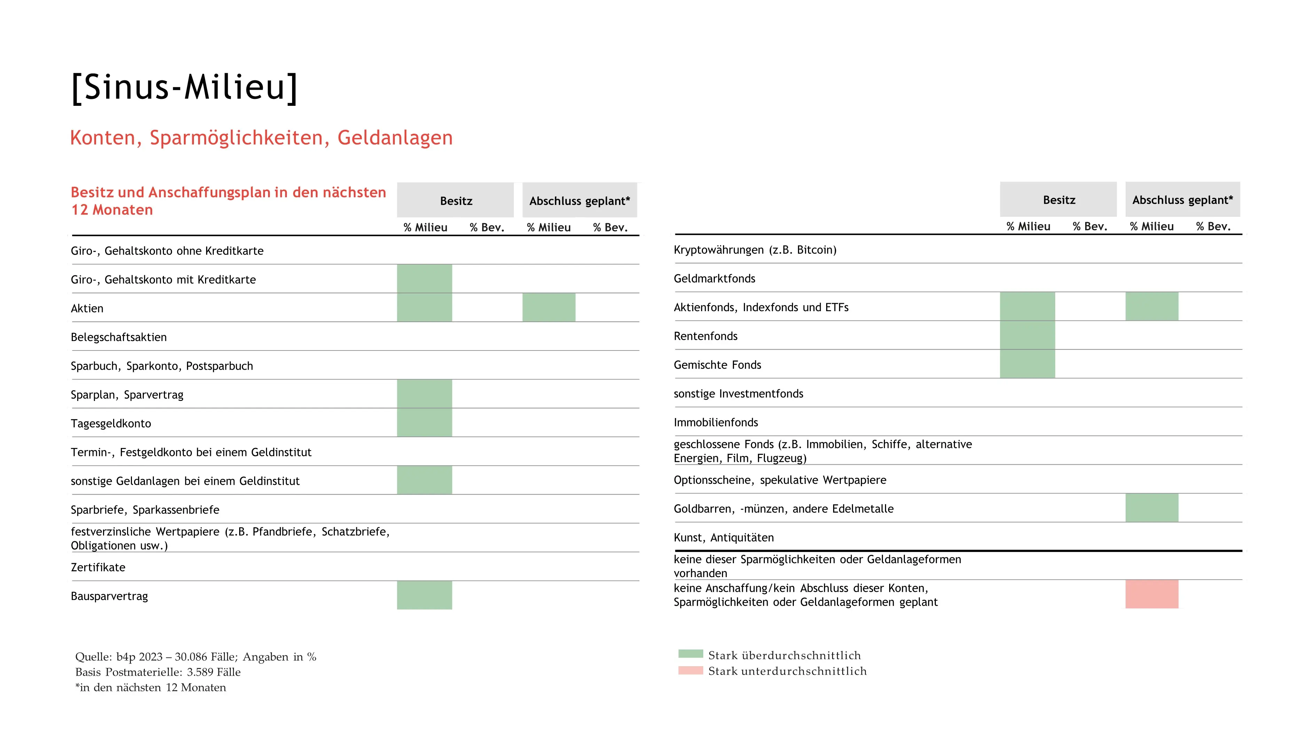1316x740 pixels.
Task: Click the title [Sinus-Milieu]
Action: [x=185, y=87]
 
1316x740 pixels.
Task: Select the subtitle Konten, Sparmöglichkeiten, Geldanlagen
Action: [x=261, y=138]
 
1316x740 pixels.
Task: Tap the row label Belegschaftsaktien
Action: [x=118, y=337]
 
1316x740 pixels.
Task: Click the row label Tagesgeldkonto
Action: [x=111, y=423]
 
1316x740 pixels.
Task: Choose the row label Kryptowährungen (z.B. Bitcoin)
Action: [x=754, y=250]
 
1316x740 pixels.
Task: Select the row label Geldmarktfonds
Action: [x=714, y=278]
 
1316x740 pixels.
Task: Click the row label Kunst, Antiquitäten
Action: [x=723, y=537]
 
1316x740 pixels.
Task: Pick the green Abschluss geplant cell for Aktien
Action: [x=549, y=307]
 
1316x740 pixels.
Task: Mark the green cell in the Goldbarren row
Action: [x=1152, y=507]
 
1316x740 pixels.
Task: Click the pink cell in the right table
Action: [x=1152, y=594]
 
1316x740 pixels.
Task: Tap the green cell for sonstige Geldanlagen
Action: [x=424, y=480]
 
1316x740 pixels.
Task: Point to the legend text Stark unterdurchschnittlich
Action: [x=787, y=671]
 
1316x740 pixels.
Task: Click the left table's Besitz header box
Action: [x=455, y=200]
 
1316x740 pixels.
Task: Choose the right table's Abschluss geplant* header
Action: [x=1182, y=200]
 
